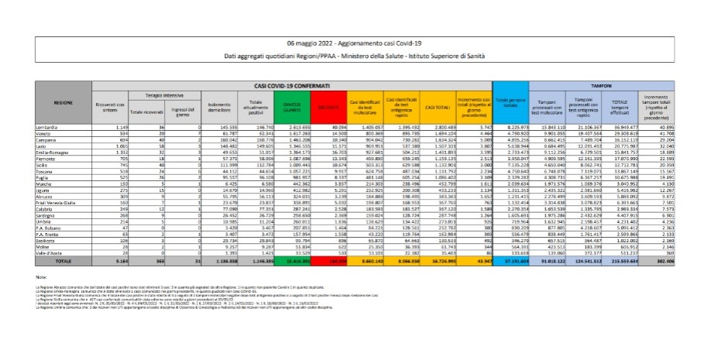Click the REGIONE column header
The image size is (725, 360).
(x=64, y=101)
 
